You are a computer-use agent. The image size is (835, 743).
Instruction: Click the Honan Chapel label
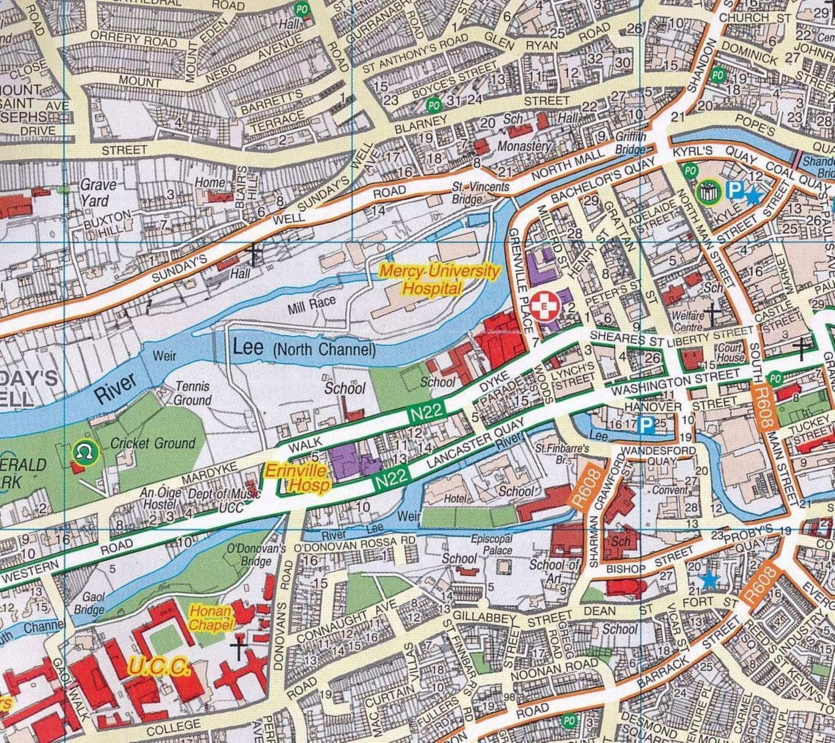pyautogui.click(x=210, y=618)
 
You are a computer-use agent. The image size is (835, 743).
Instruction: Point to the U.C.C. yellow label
pyautogui.click(x=158, y=666)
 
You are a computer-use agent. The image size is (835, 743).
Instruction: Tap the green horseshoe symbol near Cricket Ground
pyautogui.click(x=85, y=452)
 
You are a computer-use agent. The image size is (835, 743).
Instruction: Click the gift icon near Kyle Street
pyautogui.click(x=708, y=192)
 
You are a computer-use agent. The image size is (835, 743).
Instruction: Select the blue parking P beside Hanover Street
pyautogui.click(x=646, y=425)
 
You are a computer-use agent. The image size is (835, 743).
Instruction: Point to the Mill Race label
pyautogui.click(x=311, y=305)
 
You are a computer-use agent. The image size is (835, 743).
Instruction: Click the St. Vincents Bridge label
pyautogui.click(x=479, y=193)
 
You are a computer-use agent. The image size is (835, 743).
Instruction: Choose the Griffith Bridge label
pyautogui.click(x=630, y=142)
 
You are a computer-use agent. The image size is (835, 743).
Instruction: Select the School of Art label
pyautogui.click(x=553, y=571)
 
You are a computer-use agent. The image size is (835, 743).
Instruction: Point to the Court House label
pyautogui.click(x=730, y=352)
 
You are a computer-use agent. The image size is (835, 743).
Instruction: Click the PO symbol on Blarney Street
pyautogui.click(x=433, y=105)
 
